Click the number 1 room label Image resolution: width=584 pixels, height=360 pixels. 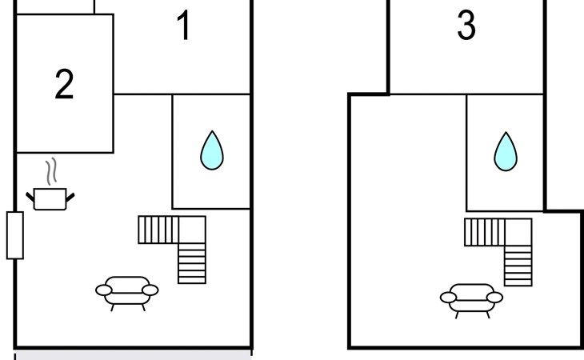tap(184, 25)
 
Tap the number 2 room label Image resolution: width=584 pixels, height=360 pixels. tap(64, 84)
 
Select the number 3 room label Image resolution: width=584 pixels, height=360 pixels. tap(466, 25)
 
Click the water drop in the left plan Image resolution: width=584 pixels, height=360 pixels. tap(212, 150)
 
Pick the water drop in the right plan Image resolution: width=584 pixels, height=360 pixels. tap(506, 151)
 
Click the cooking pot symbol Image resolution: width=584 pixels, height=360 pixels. tap(50, 199)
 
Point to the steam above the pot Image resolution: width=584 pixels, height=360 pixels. tap(51, 172)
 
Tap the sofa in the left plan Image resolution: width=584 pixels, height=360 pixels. tap(127, 293)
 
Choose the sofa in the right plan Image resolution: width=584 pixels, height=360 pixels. tap(471, 301)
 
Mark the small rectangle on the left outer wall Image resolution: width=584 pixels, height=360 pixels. tap(15, 235)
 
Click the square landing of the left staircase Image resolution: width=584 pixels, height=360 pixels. tap(192, 230)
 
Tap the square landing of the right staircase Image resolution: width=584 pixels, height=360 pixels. tap(518, 232)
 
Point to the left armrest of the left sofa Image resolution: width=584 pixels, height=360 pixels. tap(103, 290)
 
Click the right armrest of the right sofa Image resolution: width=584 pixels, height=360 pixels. tap(494, 298)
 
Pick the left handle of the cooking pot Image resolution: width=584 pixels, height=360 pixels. tap(30, 197)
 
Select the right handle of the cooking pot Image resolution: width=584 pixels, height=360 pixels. tap(70, 197)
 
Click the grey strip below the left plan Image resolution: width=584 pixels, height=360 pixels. tap(133, 354)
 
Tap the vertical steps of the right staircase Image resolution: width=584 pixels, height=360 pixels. tap(518, 266)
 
